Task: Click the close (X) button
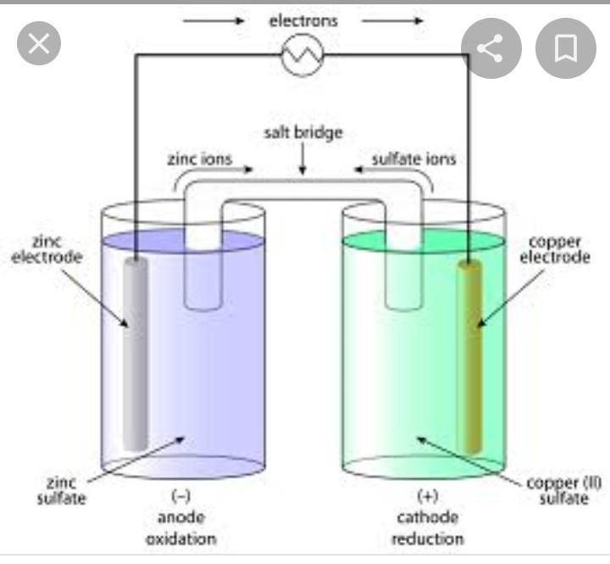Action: (39, 44)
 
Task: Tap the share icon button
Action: (490, 48)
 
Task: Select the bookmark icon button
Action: (566, 48)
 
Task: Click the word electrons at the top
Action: (302, 20)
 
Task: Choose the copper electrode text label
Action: (554, 249)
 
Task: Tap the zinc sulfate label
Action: (61, 490)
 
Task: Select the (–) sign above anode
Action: (180, 496)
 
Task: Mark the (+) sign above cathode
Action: (427, 496)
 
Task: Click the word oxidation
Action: (180, 539)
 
